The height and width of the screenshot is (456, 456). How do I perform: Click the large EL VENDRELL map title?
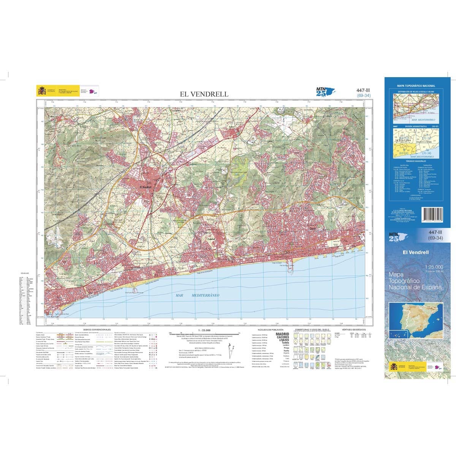[x=204, y=94]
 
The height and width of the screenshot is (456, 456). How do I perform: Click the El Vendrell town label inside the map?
[x=146, y=187]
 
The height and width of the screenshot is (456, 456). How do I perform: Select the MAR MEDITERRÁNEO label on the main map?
[x=198, y=295]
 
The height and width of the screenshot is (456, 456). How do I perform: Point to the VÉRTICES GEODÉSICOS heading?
[x=353, y=329]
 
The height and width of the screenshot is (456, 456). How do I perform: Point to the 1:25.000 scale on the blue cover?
[x=433, y=268]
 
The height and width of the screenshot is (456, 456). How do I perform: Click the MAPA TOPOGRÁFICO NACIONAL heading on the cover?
[x=416, y=86]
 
